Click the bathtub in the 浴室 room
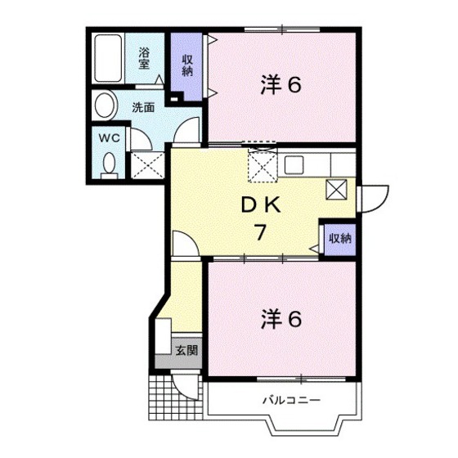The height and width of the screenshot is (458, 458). [108, 58]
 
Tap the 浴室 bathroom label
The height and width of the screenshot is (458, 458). [144, 59]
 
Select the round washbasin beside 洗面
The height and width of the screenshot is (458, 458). [105, 106]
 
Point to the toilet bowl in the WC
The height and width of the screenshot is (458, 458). [109, 163]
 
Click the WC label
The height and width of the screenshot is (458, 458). [110, 138]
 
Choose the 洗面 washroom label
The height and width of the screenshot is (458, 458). [143, 108]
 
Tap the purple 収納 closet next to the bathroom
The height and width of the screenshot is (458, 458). [187, 67]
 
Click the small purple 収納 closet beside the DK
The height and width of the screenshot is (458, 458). [340, 239]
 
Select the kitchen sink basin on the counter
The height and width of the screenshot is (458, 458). [294, 165]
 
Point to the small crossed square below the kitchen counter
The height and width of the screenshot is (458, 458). [336, 190]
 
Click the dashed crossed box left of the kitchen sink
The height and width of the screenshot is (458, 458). [263, 165]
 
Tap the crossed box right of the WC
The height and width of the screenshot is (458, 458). [147, 165]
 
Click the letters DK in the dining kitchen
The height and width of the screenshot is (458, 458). [261, 205]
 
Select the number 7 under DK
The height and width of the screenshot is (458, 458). [260, 231]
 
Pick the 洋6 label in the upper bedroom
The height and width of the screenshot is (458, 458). [281, 85]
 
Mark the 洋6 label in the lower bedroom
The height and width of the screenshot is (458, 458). [281, 319]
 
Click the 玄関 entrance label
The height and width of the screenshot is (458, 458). [186, 350]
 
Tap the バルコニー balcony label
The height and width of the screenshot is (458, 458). [291, 400]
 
